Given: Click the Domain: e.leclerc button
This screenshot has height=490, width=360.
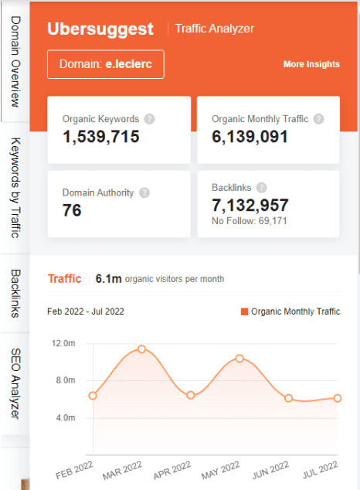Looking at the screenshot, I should (x=105, y=65).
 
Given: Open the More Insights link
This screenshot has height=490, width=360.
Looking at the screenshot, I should (x=311, y=64).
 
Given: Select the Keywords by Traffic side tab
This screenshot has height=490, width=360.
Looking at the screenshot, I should (x=15, y=188).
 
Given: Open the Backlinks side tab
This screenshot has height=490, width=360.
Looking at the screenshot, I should (x=15, y=294).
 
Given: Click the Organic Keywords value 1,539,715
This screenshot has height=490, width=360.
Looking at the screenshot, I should (x=101, y=137).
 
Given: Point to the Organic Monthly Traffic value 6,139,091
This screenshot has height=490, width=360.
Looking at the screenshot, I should (x=250, y=137).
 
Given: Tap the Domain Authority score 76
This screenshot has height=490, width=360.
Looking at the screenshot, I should (x=72, y=210).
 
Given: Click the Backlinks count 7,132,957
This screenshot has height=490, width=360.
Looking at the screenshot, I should (x=250, y=205).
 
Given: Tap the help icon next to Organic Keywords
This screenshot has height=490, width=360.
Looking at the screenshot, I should (x=149, y=119).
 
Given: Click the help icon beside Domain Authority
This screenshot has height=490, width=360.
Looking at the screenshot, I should (x=144, y=193).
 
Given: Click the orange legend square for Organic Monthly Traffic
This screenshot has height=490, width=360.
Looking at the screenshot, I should (x=245, y=311).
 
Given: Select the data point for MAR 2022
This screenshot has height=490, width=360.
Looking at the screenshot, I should (x=141, y=349).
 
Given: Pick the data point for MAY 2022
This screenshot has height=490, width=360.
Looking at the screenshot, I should (x=239, y=359).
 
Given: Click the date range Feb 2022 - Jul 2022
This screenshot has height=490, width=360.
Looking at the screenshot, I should (x=86, y=311).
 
